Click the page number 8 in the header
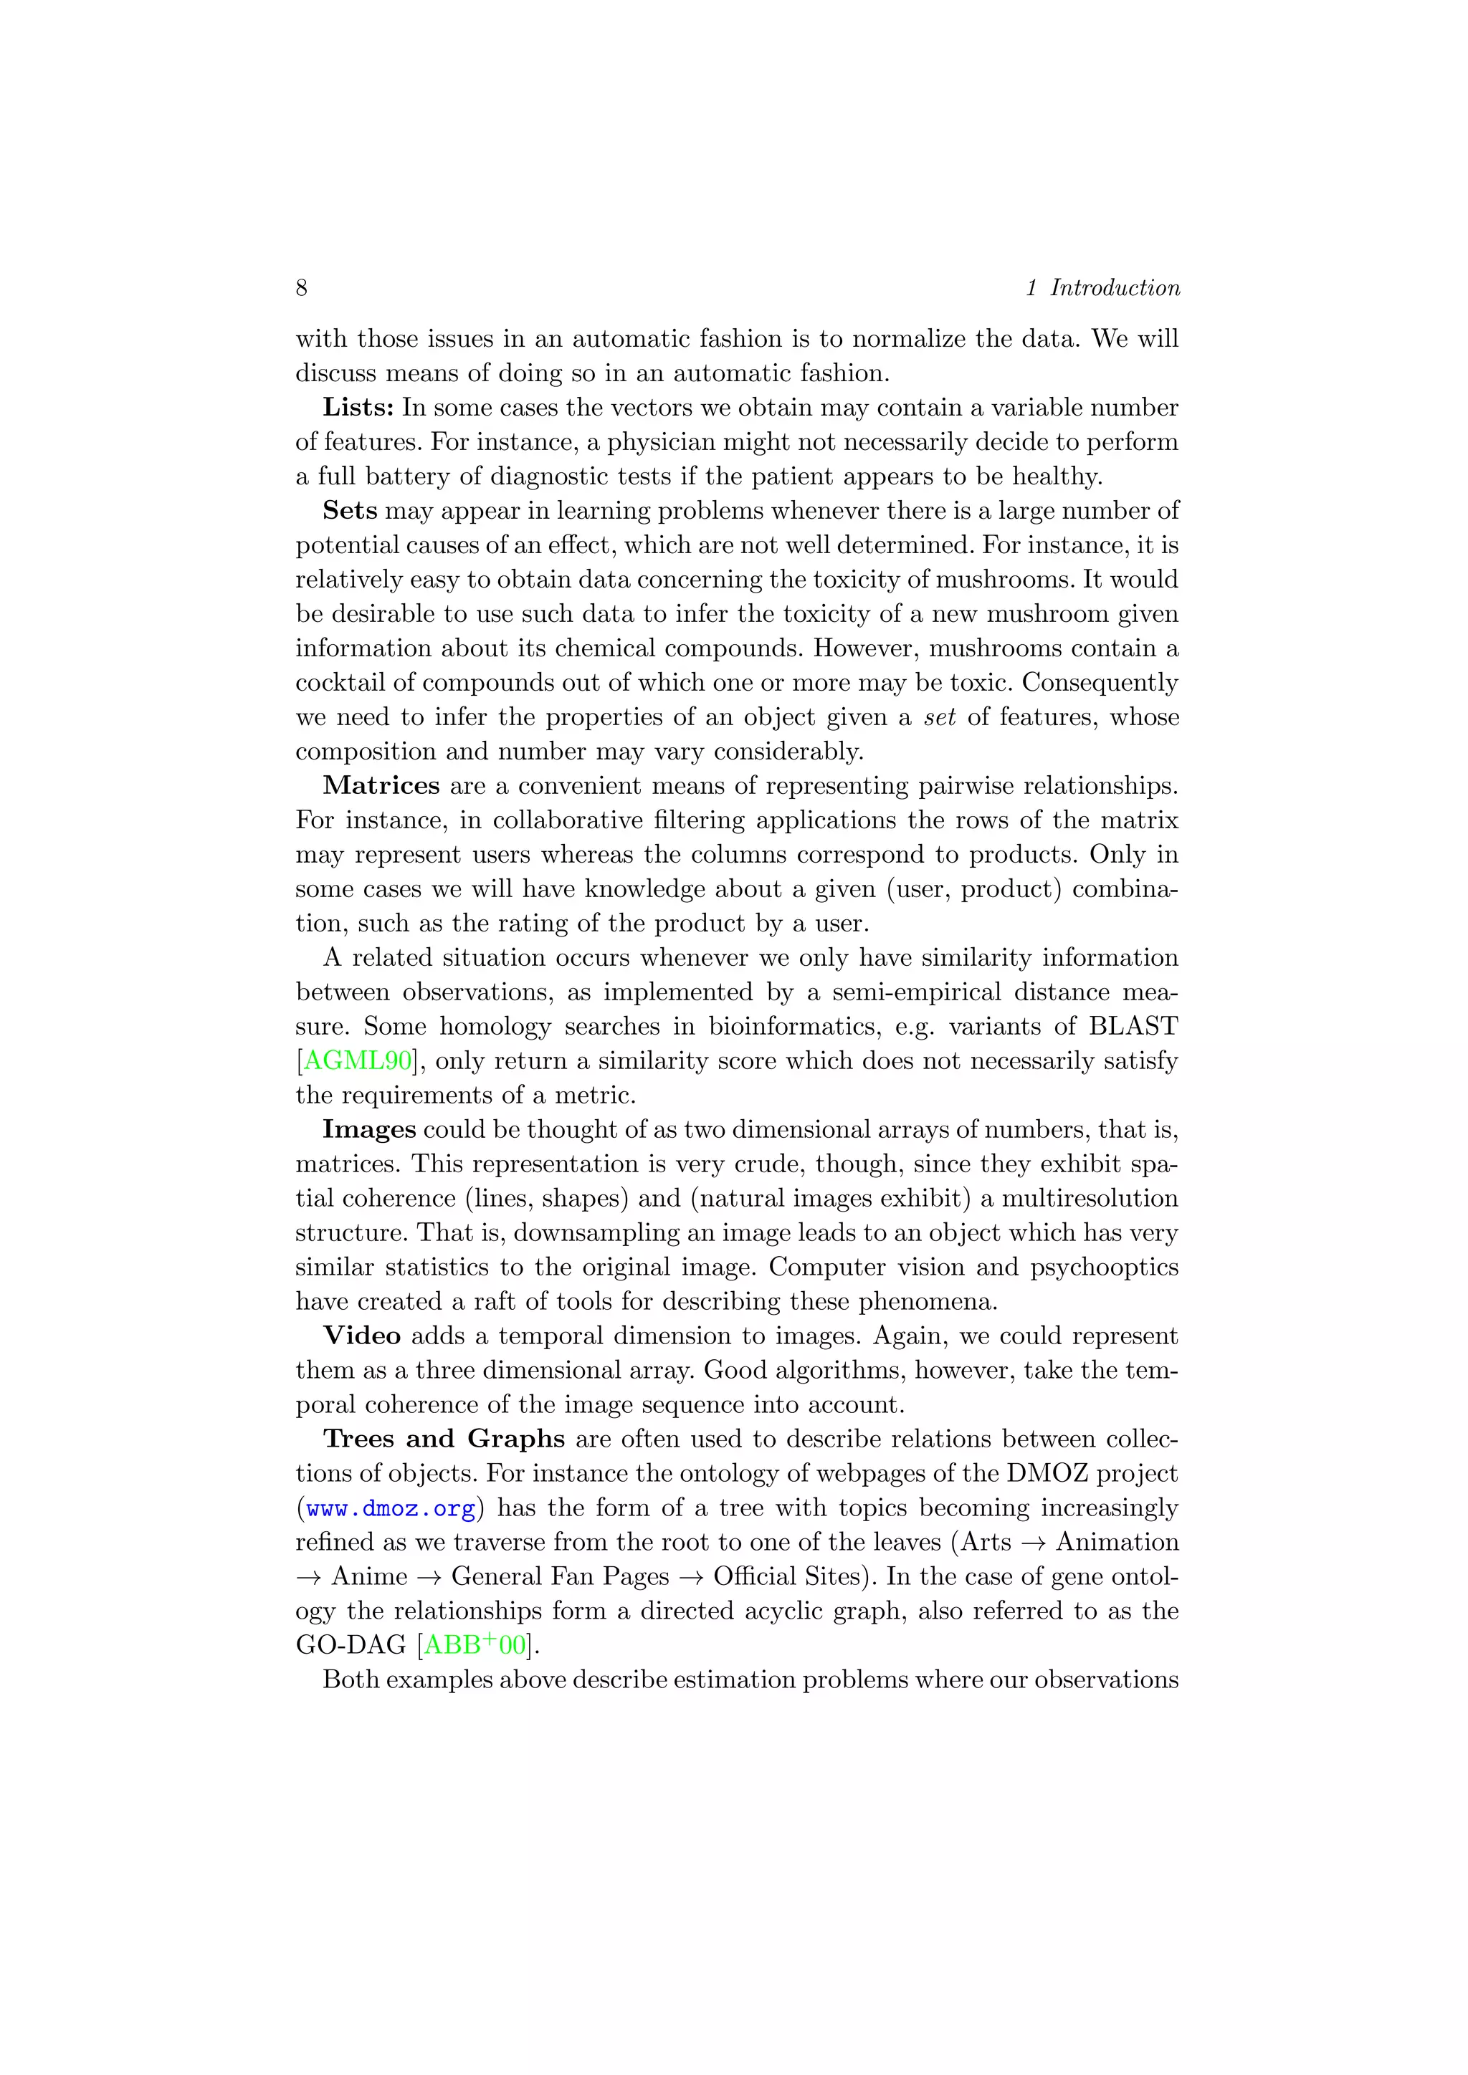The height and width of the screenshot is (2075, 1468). [x=301, y=287]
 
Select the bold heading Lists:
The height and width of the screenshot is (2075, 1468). [x=358, y=408]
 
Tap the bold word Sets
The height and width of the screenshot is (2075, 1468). [x=350, y=511]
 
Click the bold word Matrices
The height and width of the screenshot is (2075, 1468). [x=381, y=785]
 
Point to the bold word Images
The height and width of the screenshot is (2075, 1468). [x=369, y=1130]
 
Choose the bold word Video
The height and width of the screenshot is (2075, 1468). [x=361, y=1336]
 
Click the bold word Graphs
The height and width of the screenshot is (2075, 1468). [x=515, y=1439]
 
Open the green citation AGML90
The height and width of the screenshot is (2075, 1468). [x=357, y=1061]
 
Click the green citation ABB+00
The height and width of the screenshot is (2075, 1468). [x=475, y=1645]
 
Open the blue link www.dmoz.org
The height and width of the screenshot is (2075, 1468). [x=391, y=1508]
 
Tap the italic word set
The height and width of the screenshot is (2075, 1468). [x=939, y=717]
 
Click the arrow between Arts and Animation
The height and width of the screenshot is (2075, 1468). [x=1032, y=1543]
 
